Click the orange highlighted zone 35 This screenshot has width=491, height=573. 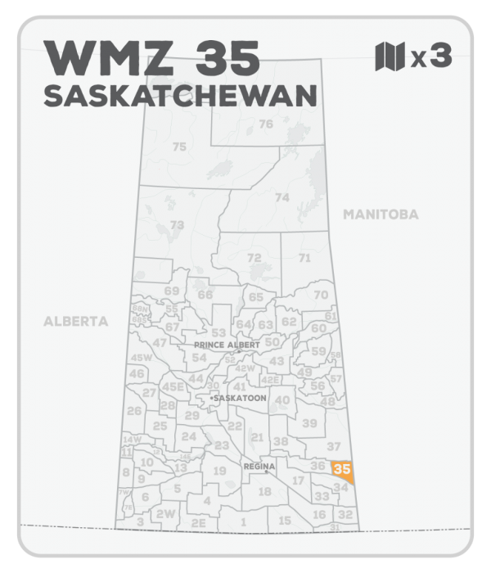pos(342,470)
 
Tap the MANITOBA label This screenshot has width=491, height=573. pos(381,214)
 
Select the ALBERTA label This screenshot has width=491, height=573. pos(75,322)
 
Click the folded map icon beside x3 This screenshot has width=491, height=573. pos(389,57)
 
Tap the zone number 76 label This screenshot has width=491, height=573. pos(265,124)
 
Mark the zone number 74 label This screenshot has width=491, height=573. pos(282,197)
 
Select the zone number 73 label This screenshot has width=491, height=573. pos(176,223)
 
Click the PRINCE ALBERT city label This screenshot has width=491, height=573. pos(227,345)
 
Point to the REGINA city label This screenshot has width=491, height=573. pos(257,465)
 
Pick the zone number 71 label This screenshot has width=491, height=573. pos(304,258)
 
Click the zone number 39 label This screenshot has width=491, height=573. pos(309,423)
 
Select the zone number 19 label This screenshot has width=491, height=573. pos(219,471)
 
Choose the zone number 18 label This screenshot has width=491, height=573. pos(264,491)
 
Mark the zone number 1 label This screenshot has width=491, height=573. pos(243,521)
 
